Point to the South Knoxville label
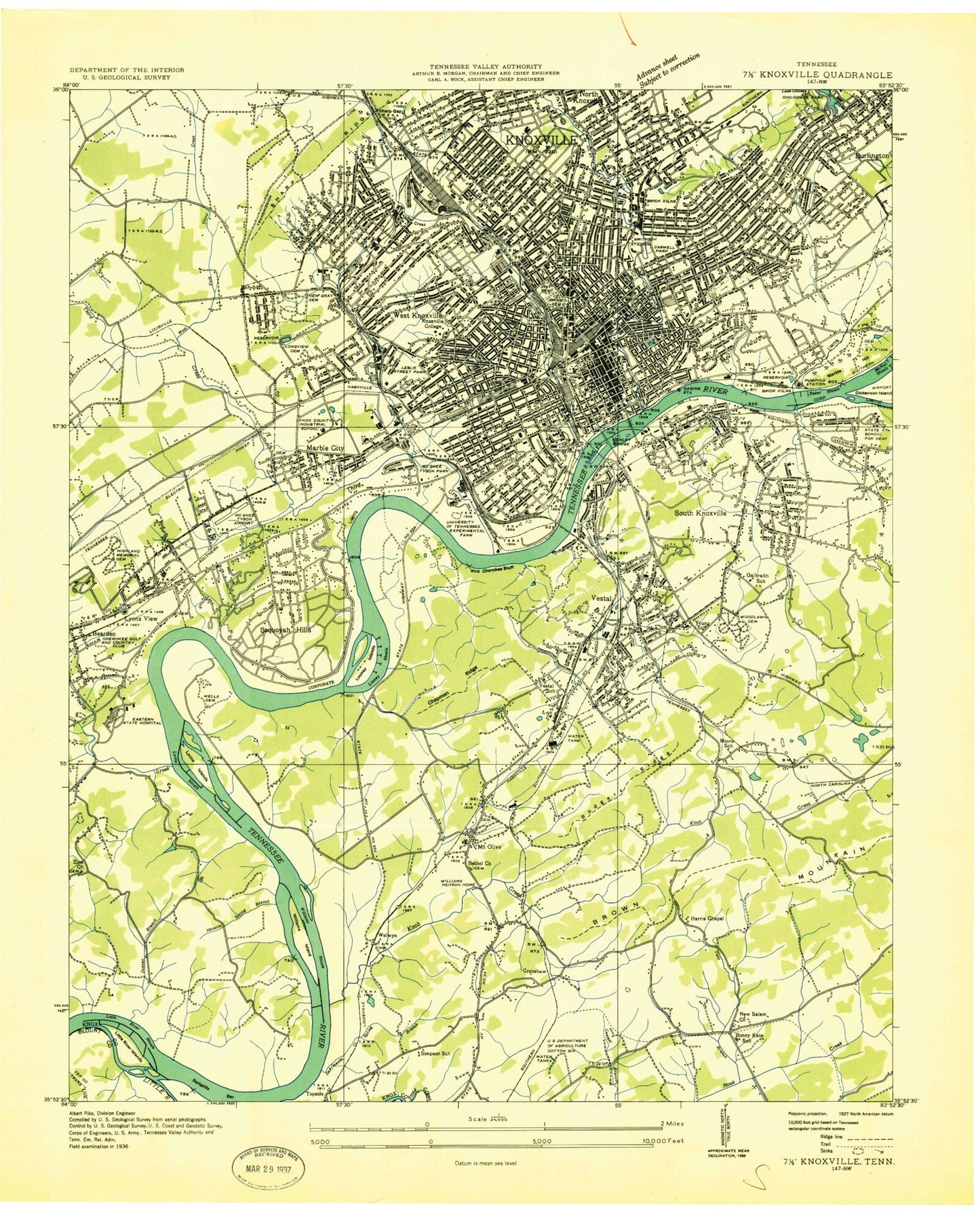700,513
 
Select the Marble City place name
325,448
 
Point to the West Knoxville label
416,316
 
